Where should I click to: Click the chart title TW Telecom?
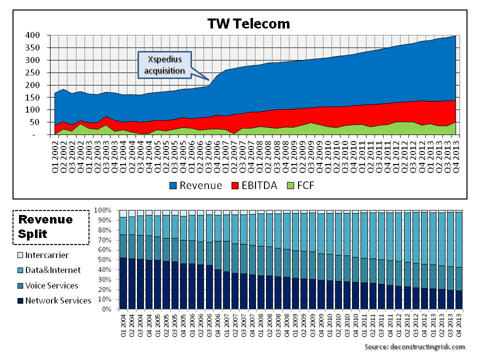tap(248, 23)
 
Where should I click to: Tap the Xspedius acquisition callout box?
tap(164, 65)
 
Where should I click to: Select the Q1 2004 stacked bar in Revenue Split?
tap(123, 260)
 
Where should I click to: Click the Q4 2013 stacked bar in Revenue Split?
tap(459, 260)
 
